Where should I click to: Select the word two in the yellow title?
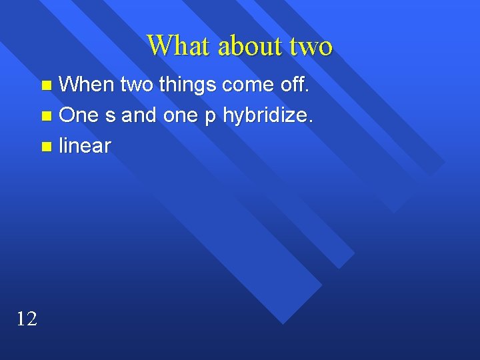(x=311, y=47)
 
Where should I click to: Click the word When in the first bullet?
(x=87, y=84)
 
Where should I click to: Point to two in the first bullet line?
(x=137, y=85)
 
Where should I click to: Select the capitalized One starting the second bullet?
(x=79, y=115)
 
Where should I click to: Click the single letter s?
(x=110, y=116)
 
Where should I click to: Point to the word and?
(x=139, y=115)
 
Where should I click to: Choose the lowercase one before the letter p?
(x=181, y=116)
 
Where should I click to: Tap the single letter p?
(x=211, y=117)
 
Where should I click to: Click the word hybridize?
(x=265, y=116)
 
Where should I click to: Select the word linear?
(x=85, y=146)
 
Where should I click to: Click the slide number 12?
(x=26, y=319)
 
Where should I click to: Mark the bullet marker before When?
(x=46, y=85)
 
